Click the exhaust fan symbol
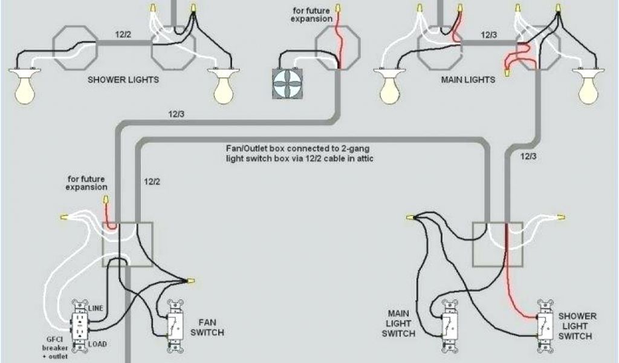click(x=287, y=82)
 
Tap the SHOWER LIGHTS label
click(x=123, y=80)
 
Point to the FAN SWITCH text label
click(x=207, y=327)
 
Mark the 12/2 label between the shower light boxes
click(x=125, y=34)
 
